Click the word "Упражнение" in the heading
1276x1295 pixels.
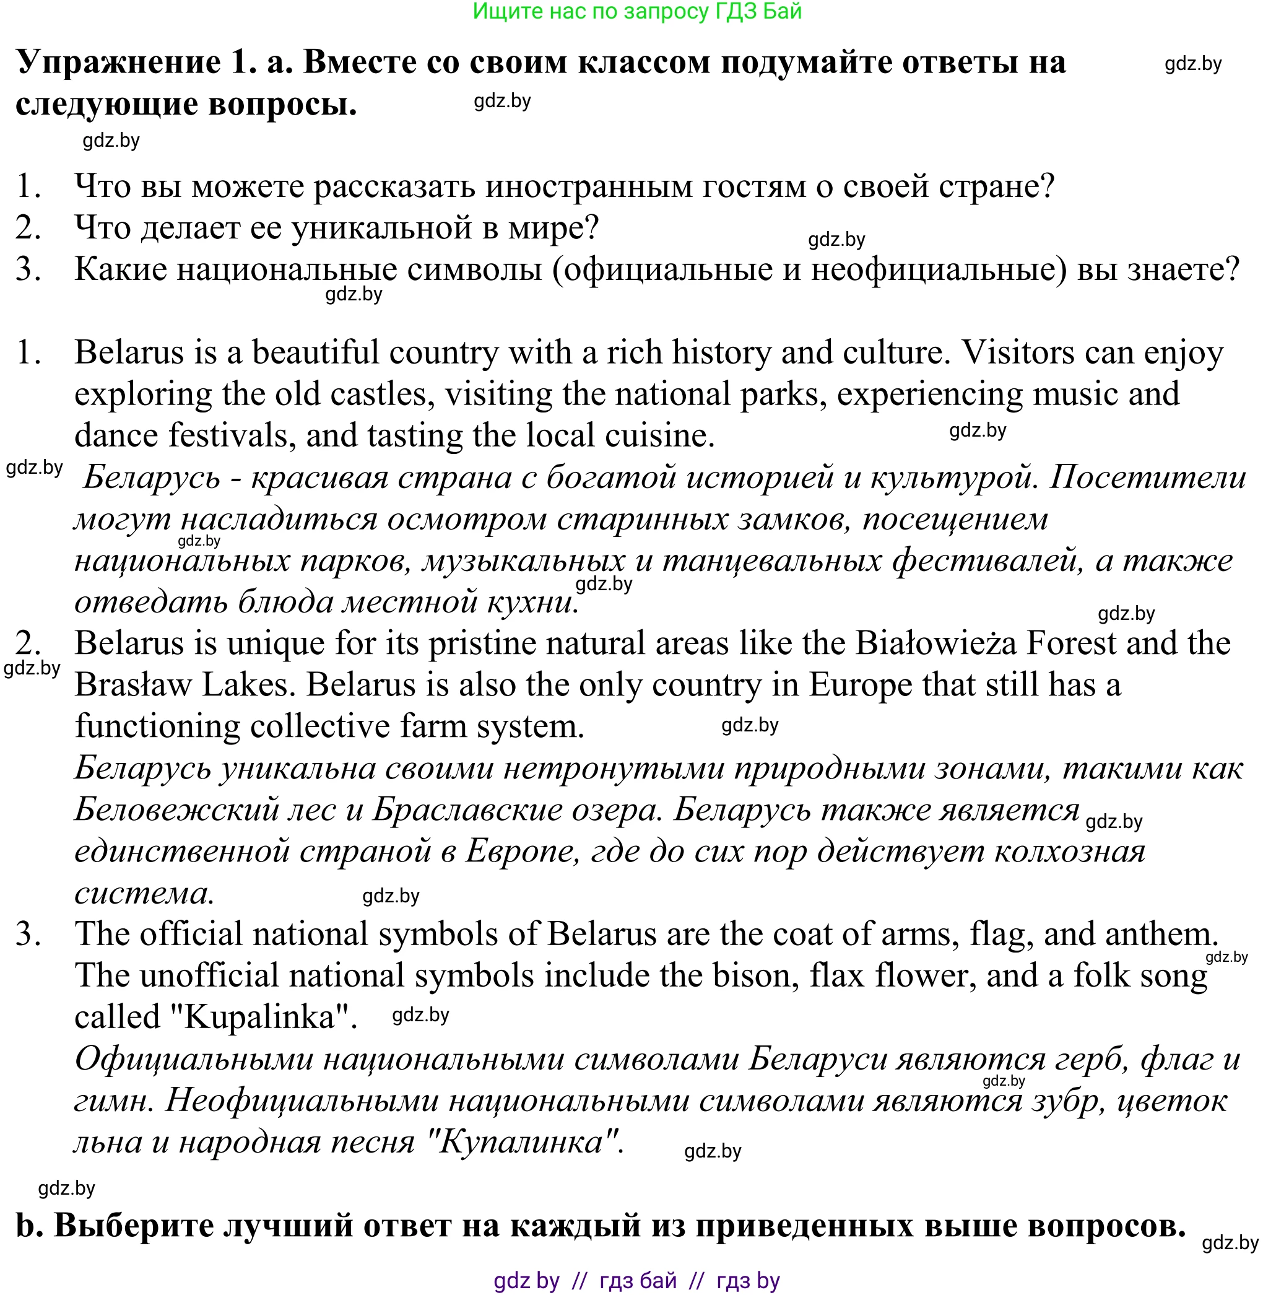[119, 63]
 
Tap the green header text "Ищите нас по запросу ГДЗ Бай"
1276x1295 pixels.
[636, 11]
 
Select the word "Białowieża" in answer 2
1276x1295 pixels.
[936, 643]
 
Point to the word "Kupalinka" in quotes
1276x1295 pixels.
[259, 1017]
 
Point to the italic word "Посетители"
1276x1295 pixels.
[1147, 477]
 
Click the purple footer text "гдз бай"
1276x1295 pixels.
[637, 1281]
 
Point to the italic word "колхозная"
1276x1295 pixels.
[1070, 852]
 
